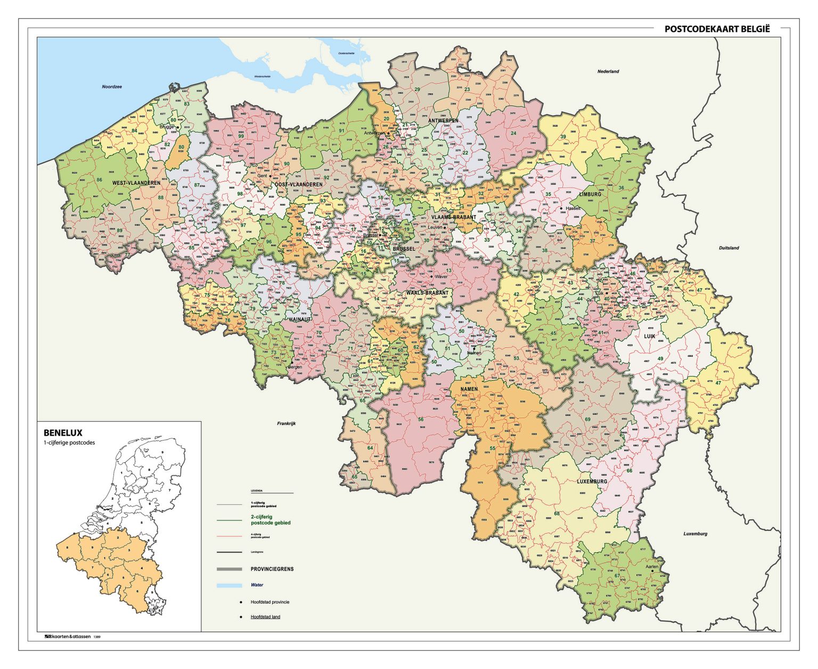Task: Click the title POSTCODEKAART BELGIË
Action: pos(717,29)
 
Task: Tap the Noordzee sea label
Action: pos(112,86)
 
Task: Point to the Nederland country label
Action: pos(608,71)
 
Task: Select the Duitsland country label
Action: pos(729,248)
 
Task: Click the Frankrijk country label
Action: pos(286,423)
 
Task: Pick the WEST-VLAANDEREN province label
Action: pos(136,183)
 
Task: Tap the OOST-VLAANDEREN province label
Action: pos(298,184)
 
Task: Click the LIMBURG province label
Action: pos(590,194)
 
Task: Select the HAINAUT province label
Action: pos(300,320)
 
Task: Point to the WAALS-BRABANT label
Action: pos(427,293)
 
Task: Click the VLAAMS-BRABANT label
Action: pos(454,217)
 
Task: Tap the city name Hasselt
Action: pos(574,208)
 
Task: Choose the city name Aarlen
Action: pos(652,567)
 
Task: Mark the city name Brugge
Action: pos(167,127)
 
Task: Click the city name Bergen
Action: pos(295,367)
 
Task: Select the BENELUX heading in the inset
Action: pos(63,433)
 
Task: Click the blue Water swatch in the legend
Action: pos(229,585)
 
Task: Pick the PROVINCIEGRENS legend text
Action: pos(272,569)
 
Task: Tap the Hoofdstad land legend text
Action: pos(265,617)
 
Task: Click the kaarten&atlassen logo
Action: pos(67,637)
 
